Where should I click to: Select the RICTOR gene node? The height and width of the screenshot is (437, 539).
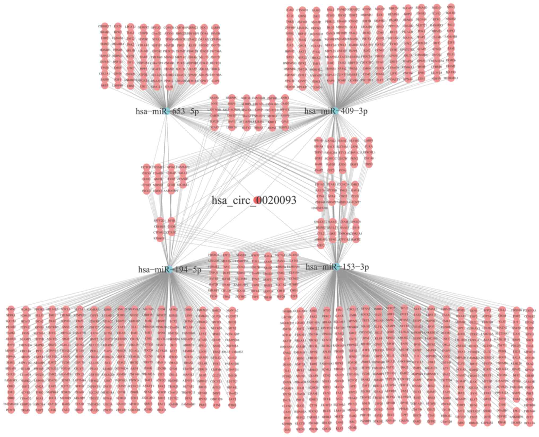[x=146, y=167]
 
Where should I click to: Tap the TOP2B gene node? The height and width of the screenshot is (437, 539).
[x=214, y=121]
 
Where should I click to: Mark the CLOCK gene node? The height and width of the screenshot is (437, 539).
[x=380, y=68]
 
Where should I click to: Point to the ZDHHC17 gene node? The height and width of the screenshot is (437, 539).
[x=105, y=26]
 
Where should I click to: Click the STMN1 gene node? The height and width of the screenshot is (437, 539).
[x=11, y=309]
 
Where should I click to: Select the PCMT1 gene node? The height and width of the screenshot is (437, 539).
[x=11, y=410]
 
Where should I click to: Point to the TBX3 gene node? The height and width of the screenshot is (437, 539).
[x=369, y=164]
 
